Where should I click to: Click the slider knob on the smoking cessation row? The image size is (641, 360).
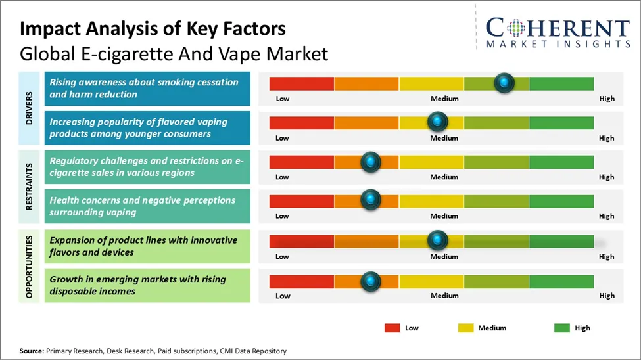click(x=504, y=83)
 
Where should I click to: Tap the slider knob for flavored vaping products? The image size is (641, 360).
click(x=437, y=122)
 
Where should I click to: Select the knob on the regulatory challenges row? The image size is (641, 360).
click(x=371, y=162)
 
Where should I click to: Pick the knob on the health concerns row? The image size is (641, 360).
click(x=371, y=200)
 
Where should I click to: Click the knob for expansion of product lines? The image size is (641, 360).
click(x=437, y=240)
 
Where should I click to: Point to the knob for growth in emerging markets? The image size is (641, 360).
click(x=371, y=281)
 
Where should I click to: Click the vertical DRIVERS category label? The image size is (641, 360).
click(x=30, y=108)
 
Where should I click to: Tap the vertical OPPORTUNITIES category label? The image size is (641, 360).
click(x=30, y=265)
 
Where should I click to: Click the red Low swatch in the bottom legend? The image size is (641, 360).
click(x=392, y=328)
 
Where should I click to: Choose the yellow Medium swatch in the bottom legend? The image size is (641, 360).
click(x=465, y=328)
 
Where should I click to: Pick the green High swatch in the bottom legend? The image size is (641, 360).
click(x=562, y=328)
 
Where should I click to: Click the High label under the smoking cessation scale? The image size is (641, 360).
click(x=607, y=99)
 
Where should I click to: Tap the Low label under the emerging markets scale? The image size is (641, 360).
click(x=282, y=296)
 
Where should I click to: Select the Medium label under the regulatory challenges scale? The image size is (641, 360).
click(x=444, y=177)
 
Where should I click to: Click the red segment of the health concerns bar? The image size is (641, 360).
click(x=301, y=201)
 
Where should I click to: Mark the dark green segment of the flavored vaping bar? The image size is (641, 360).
click(x=561, y=123)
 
